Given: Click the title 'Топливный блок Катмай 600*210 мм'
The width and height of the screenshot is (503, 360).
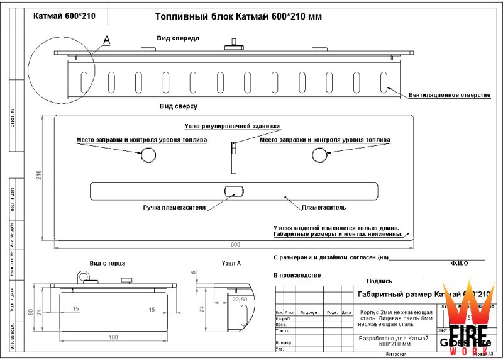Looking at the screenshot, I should pos(238,16).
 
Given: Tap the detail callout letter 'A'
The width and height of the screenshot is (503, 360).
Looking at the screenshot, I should pos(106,40).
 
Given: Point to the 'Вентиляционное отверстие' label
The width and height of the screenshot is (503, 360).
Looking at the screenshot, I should pos(449,95).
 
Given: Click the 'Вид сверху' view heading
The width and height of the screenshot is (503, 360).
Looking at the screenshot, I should pos(179,107).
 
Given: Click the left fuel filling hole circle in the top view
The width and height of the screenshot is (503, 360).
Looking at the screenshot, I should pos(149,154).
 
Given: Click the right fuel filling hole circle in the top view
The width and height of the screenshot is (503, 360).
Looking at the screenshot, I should pos(319,154).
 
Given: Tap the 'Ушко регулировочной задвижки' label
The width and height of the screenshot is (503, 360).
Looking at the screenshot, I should pos(232,127).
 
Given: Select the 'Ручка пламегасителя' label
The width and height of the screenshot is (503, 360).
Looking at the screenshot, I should pos(174,207).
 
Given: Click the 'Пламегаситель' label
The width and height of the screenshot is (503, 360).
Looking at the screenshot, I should pos(324,207).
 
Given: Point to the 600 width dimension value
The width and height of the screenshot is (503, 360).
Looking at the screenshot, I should pos(235,244).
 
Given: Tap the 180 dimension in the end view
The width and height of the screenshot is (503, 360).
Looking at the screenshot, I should pos(114,337).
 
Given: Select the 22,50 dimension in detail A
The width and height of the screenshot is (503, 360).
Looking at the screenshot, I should pos(239,300).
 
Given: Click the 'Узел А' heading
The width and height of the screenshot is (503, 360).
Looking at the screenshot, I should pos(231,263).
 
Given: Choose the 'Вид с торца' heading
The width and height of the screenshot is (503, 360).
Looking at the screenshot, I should pos(108,263).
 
